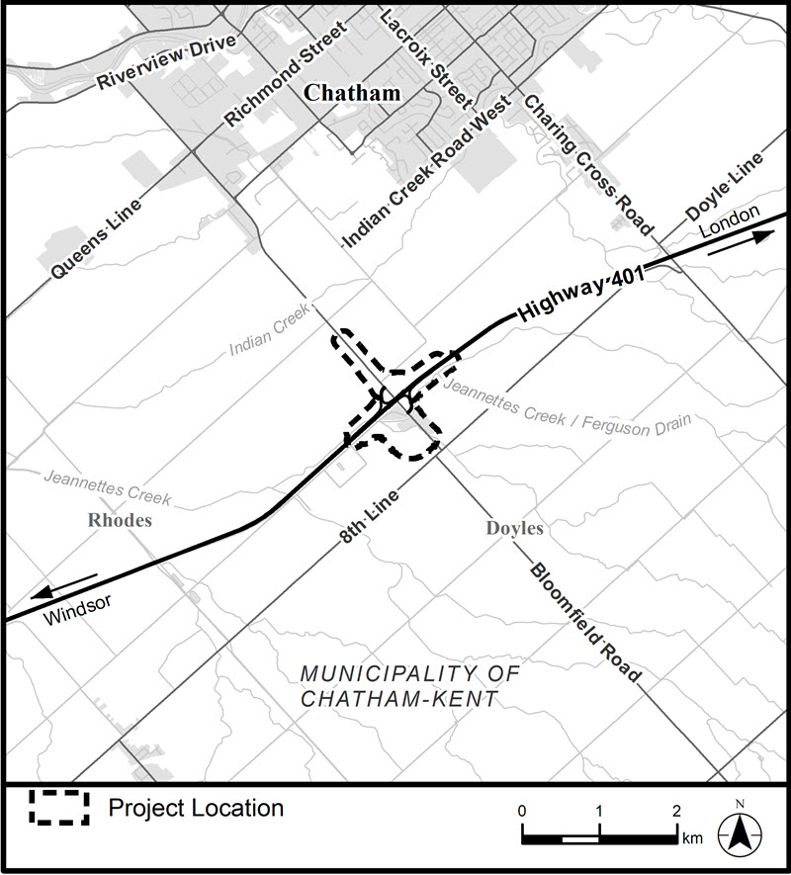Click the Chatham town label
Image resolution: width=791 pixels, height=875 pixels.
pyautogui.click(x=352, y=94)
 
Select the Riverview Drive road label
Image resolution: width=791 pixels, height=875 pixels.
pyautogui.click(x=167, y=62)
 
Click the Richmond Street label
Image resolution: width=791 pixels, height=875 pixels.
pyautogui.click(x=288, y=75)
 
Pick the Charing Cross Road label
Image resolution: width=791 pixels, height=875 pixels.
pyautogui.click(x=589, y=164)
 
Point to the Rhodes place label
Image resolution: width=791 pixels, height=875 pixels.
pyautogui.click(x=119, y=520)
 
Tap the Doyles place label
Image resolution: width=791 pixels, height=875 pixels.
pyautogui.click(x=514, y=529)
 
